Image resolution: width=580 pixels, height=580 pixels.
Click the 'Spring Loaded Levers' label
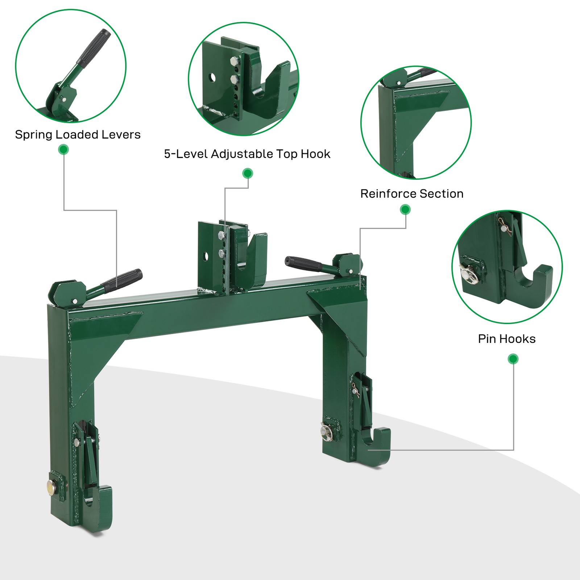78,135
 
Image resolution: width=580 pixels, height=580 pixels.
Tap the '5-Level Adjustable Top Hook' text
247,154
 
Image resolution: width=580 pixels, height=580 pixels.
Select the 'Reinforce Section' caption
412,194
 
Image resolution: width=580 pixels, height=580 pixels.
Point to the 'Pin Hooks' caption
506,339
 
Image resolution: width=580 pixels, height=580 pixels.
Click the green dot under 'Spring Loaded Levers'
63,149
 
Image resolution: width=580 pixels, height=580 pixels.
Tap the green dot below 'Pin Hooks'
513,359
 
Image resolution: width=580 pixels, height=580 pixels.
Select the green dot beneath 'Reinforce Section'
405,210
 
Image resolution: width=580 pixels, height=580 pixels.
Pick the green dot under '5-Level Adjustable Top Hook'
248,173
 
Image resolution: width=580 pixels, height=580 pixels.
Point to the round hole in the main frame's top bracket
206,257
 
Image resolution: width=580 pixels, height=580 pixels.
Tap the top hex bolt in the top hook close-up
234,62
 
